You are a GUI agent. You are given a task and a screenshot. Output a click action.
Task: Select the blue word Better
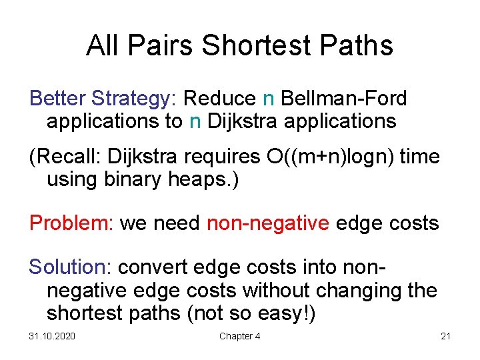click(59, 99)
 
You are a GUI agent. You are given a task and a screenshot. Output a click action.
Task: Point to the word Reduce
click(219, 99)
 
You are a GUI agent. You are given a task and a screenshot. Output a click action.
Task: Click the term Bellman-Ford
click(344, 99)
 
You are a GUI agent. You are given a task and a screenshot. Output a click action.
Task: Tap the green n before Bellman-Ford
click(269, 99)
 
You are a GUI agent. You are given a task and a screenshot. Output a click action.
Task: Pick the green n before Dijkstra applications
click(195, 121)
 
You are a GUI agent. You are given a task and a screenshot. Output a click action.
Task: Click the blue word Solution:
click(71, 267)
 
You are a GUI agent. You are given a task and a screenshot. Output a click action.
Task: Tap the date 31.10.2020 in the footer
click(52, 336)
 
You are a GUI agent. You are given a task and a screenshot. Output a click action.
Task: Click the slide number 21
click(445, 336)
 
